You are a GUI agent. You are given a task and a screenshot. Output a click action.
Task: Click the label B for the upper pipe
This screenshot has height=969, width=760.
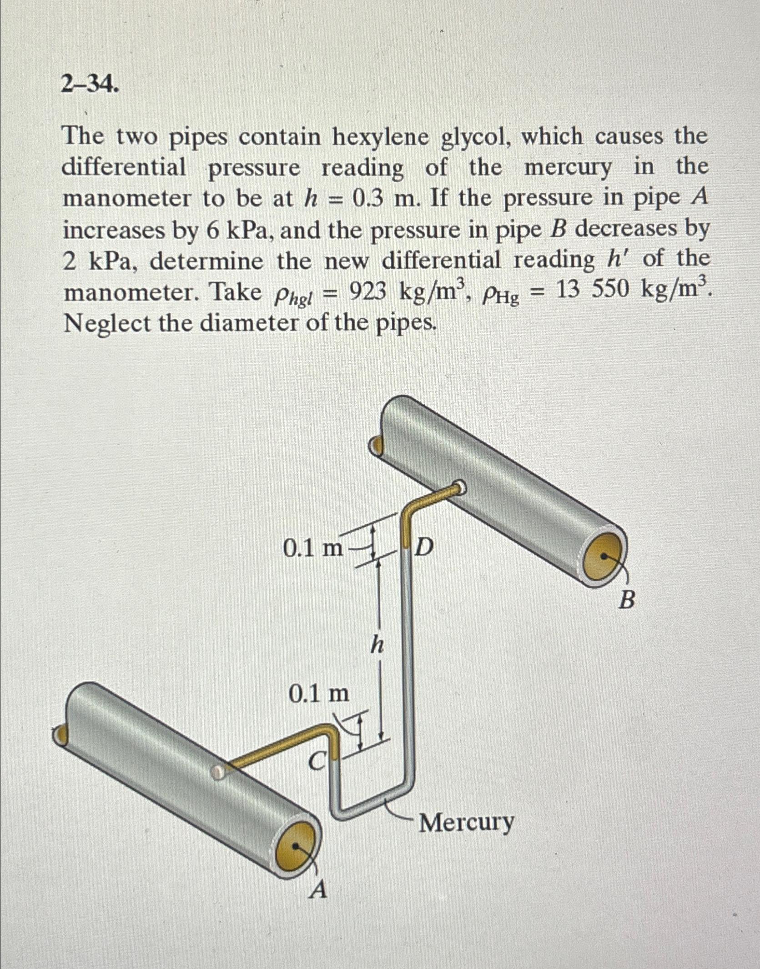(x=627, y=600)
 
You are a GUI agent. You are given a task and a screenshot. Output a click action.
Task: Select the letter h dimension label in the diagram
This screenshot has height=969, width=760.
(x=377, y=644)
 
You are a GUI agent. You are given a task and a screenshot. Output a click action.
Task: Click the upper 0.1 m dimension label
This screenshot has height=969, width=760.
(x=312, y=549)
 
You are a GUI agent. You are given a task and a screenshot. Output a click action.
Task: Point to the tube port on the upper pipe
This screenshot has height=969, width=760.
(x=460, y=487)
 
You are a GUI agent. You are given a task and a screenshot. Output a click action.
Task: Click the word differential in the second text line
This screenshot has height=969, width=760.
(x=124, y=168)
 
